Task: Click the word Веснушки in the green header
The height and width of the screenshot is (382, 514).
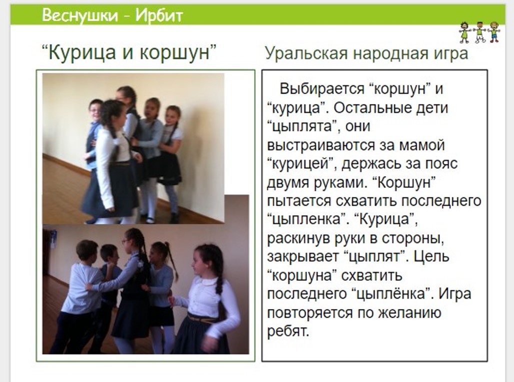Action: (x=79, y=15)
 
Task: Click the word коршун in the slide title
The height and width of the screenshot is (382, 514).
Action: (x=174, y=52)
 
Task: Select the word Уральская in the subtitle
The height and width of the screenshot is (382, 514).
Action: (x=306, y=53)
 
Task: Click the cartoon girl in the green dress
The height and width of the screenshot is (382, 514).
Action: (x=464, y=32)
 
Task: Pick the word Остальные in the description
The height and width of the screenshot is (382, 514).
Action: (x=372, y=108)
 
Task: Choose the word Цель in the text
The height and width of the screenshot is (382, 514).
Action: (x=430, y=257)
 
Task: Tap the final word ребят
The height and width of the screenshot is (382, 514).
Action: (x=288, y=331)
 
